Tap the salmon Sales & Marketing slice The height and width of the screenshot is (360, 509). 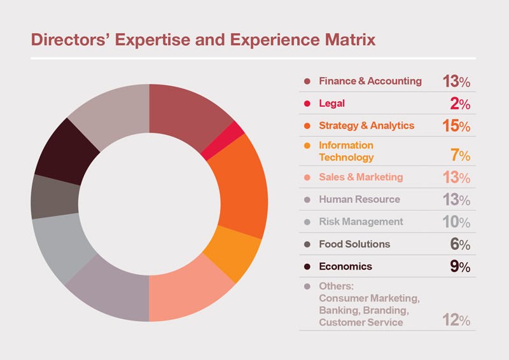click(188, 292)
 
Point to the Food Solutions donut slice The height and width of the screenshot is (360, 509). click(55, 197)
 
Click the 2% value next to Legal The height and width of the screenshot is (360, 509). click(460, 104)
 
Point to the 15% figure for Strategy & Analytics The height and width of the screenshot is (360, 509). click(456, 126)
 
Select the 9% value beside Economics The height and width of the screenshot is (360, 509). click(460, 267)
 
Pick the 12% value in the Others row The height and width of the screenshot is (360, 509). click(456, 320)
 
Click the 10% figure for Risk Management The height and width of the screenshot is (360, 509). click(456, 222)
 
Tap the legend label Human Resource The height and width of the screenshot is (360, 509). click(359, 199)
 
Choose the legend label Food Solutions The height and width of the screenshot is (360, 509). click(354, 244)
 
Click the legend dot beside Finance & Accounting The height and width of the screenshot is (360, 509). click(307, 81)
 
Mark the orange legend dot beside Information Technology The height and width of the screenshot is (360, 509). click(307, 146)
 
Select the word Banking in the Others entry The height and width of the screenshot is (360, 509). click(340, 310)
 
